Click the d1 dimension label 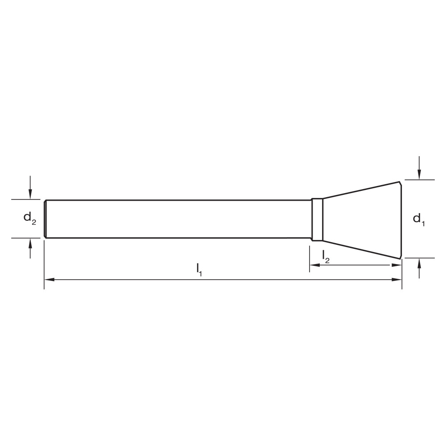pos(418,219)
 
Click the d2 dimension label pos(29,218)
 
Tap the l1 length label pos(199,269)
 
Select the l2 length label pos(326,256)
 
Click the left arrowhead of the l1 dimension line pos(49,280)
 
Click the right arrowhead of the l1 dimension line pos(397,280)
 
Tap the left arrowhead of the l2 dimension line pos(314,265)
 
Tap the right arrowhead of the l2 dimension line pos(396,265)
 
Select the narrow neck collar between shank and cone pos(317,219)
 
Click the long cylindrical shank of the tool pos(178,219)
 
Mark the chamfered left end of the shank pos(45,219)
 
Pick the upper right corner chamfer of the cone pos(400,183)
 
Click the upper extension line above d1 pos(419,180)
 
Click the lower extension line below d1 pos(419,258)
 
